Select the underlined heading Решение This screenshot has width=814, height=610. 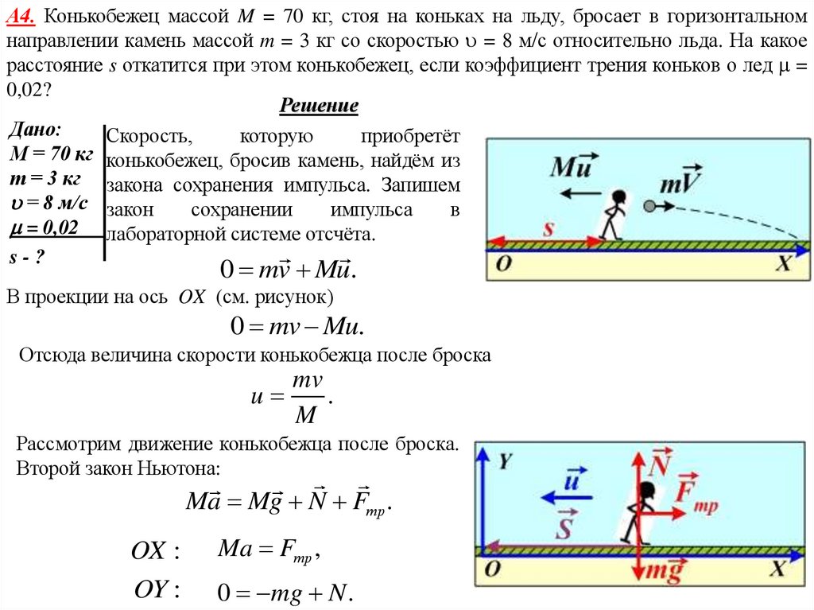319,106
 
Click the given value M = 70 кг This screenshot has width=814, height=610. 49,153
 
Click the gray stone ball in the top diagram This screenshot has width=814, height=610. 649,207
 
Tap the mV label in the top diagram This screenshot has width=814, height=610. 680,182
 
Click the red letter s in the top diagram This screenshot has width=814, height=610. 547,228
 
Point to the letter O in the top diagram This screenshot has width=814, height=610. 502,265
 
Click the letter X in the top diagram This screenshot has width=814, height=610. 784,265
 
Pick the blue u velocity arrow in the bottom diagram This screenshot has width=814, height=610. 566,495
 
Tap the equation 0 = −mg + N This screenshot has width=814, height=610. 285,593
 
